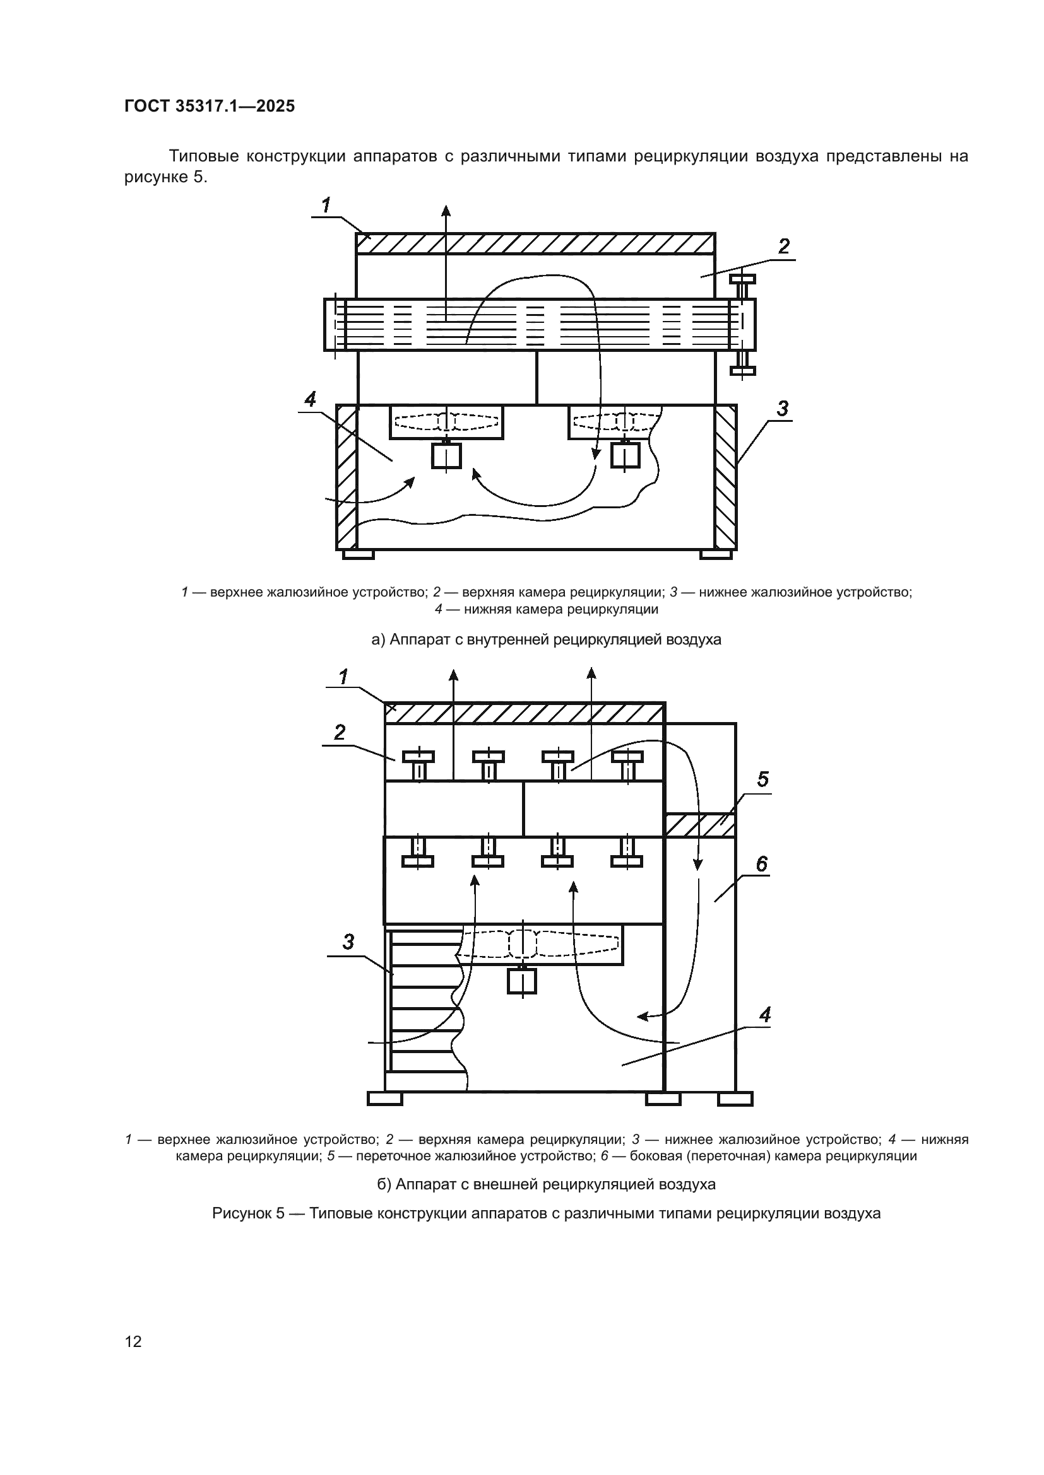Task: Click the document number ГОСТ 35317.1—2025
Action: pos(210,107)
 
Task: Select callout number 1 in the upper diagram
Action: pos(326,206)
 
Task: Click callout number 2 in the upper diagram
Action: pos(784,247)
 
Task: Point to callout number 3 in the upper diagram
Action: pos(782,409)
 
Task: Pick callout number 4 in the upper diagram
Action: pos(310,400)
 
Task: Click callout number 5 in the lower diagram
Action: pos(762,780)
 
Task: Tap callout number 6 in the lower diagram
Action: pos(761,864)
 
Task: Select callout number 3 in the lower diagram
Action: pos(348,942)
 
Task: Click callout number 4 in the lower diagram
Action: pos(764,1016)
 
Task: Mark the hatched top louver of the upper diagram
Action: pos(535,244)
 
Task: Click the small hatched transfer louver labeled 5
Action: pos(700,825)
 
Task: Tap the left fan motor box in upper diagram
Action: pos(446,456)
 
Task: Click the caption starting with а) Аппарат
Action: pos(546,640)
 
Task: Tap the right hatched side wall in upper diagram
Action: pos(726,477)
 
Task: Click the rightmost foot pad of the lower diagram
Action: pos(735,1099)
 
